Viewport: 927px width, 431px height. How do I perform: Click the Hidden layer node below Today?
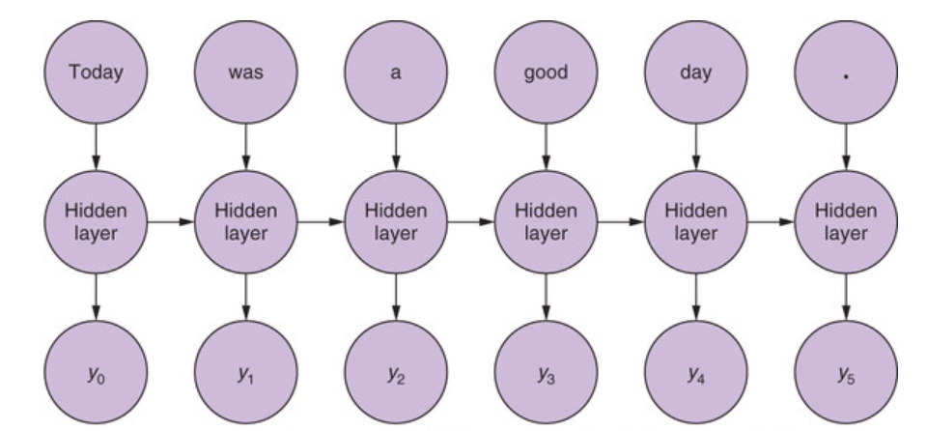(x=96, y=222)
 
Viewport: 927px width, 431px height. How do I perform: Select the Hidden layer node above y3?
(x=546, y=222)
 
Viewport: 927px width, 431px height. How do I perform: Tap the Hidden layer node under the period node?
(x=846, y=222)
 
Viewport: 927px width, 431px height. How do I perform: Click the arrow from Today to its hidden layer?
(x=96, y=148)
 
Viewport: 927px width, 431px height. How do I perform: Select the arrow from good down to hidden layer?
(x=546, y=148)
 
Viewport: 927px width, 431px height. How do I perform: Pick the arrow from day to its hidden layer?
(x=695, y=148)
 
